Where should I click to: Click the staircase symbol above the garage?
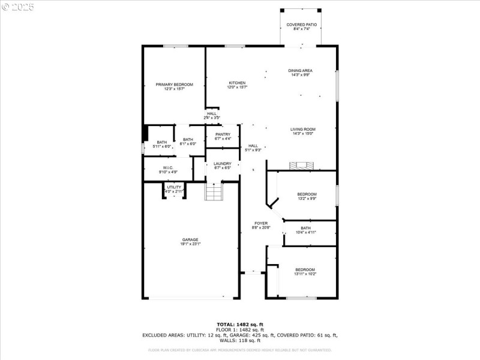(214, 193)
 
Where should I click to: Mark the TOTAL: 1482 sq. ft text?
(239, 325)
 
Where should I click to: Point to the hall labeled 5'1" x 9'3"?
(253, 148)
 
